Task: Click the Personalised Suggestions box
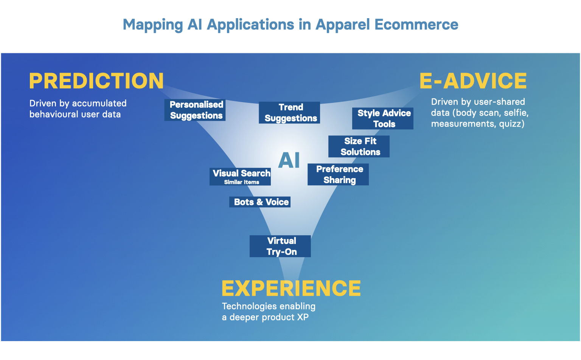(195, 110)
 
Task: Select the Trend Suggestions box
(289, 113)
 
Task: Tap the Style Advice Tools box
(382, 118)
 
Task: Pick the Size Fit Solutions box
(359, 146)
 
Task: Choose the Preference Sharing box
(338, 174)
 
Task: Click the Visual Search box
(240, 174)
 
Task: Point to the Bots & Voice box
(260, 202)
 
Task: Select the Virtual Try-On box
(280, 246)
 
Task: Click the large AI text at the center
(289, 160)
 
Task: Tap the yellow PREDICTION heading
(96, 81)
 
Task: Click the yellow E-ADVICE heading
(473, 81)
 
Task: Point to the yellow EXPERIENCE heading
(291, 289)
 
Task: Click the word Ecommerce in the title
(416, 25)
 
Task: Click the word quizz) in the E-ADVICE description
(511, 124)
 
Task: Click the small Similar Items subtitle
(241, 182)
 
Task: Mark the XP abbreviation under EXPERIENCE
(303, 317)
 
